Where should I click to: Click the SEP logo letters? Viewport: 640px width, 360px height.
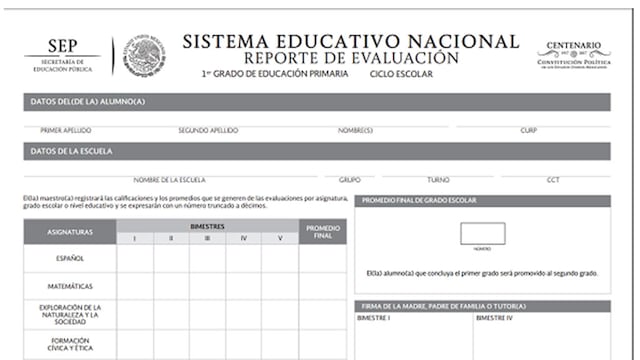pyautogui.click(x=61, y=44)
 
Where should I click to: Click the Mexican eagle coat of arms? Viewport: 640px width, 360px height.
pyautogui.click(x=145, y=54)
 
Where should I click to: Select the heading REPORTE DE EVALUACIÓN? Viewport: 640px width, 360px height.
pyautogui.click(x=349, y=58)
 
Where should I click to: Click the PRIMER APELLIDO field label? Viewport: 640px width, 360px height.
pyautogui.click(x=67, y=130)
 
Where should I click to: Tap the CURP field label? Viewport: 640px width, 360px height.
pyautogui.click(x=529, y=130)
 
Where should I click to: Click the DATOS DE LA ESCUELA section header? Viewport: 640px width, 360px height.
pyautogui.click(x=73, y=152)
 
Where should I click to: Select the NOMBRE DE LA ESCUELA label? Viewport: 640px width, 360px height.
pyautogui.click(x=170, y=180)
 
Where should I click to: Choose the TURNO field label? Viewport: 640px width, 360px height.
pyautogui.click(x=438, y=180)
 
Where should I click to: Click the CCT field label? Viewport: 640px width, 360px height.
pyautogui.click(x=553, y=180)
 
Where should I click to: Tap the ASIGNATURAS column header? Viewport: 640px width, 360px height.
pyautogui.click(x=70, y=232)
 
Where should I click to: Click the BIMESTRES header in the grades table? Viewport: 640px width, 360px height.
pyautogui.click(x=208, y=227)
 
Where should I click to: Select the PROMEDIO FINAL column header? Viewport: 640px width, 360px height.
pyautogui.click(x=323, y=232)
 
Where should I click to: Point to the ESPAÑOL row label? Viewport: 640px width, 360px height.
pyautogui.click(x=70, y=259)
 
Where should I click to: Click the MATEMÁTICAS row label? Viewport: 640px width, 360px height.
pyautogui.click(x=70, y=287)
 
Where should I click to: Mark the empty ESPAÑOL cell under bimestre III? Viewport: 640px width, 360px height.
pyautogui.click(x=208, y=259)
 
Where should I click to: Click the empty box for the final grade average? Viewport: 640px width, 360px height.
pyautogui.click(x=482, y=233)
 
